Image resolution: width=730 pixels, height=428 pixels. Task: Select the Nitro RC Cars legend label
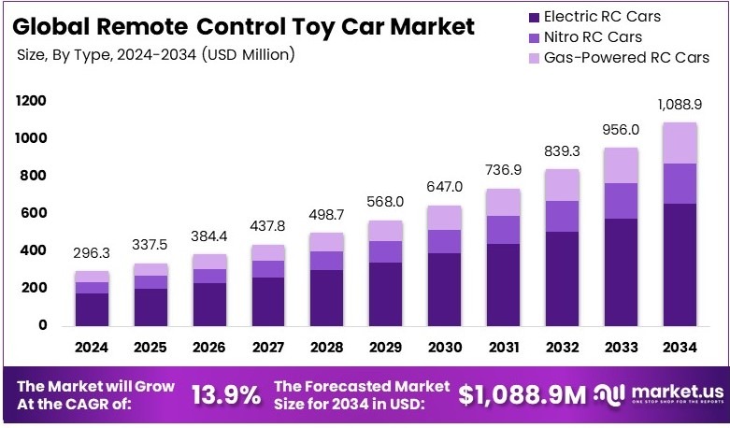586,37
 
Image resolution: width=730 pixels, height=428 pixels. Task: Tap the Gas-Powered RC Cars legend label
617,58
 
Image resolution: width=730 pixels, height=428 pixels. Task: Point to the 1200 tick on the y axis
31,101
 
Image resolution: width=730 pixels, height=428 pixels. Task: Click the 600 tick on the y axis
35,213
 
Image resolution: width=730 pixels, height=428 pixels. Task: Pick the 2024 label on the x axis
92,348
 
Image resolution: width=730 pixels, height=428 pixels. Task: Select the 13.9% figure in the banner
226,395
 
